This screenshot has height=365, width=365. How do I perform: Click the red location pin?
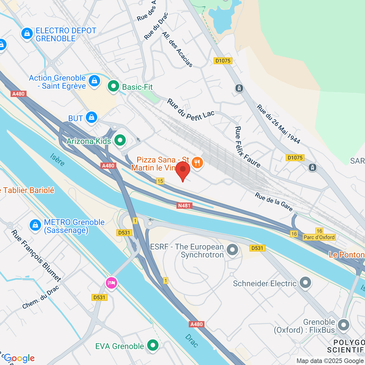coord(183,171)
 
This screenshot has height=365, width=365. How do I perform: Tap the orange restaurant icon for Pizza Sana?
coord(197,162)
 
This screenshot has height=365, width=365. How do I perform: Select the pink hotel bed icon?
coord(111,283)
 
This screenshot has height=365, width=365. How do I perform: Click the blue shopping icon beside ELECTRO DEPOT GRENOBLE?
coord(27,34)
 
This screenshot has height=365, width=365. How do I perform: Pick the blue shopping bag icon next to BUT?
coord(91,117)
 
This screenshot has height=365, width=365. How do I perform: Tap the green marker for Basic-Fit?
coord(113,86)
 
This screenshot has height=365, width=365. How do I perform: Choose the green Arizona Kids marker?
coord(120,141)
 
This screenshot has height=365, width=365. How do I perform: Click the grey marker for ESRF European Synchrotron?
coord(233,250)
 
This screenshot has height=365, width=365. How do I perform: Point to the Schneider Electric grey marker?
coord(305,283)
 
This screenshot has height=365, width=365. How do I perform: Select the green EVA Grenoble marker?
coord(153,345)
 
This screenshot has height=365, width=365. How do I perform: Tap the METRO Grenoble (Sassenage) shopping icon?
coord(35,225)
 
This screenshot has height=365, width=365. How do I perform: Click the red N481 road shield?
coord(184,206)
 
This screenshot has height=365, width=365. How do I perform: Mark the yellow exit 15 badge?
coord(160,181)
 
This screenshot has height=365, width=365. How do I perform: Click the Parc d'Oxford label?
coord(319,237)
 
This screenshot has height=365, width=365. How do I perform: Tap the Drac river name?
coord(191,341)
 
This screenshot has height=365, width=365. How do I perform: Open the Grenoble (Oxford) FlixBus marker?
coord(344,325)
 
